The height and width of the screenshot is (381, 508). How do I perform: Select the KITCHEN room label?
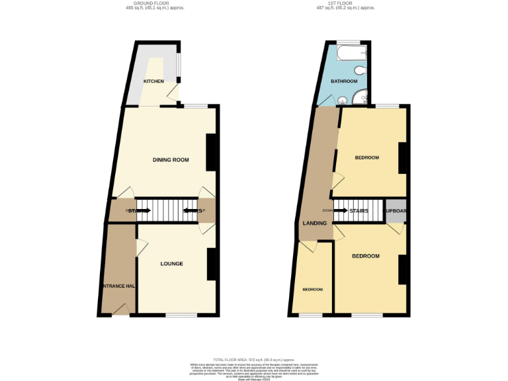click(153, 81)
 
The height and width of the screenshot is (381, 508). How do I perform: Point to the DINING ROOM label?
click(171, 160)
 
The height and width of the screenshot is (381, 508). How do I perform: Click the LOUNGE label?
click(171, 264)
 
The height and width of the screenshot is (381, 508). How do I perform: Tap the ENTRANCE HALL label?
click(118, 286)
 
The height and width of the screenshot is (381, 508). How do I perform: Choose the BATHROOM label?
click(344, 81)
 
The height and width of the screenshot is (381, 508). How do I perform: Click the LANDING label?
click(314, 223)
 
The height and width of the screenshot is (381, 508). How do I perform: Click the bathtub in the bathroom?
click(351, 53)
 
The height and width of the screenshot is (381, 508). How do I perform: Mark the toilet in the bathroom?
click(360, 70)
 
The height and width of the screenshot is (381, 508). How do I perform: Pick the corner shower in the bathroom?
click(360, 99)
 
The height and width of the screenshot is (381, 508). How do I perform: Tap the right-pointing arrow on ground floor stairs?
click(144, 211)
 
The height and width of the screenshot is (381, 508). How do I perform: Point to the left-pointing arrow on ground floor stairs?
click(190, 211)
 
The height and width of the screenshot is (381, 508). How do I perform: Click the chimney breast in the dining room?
click(211, 152)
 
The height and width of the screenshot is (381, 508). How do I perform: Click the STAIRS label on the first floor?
click(359, 211)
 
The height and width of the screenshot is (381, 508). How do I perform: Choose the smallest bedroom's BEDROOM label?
click(313, 290)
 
